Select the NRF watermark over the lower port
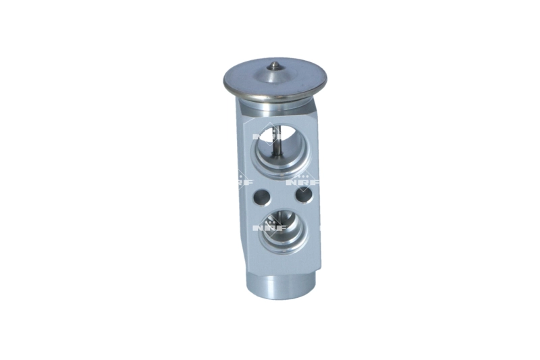268,228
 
